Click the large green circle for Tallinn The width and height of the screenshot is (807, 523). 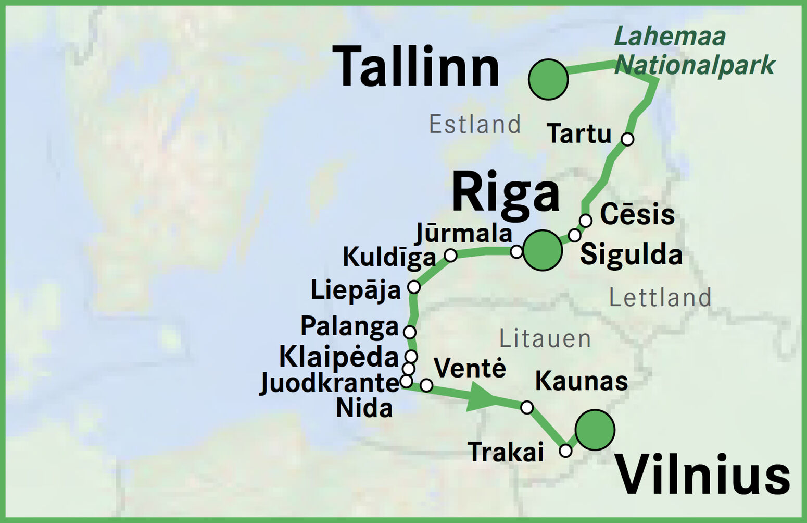548,79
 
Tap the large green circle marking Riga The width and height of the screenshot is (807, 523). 543,250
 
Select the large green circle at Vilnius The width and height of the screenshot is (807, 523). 595,430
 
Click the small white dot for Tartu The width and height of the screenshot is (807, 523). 627,139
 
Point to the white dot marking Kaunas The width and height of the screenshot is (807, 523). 527,407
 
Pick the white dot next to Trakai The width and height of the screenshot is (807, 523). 565,451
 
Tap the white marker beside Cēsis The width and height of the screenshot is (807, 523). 585,221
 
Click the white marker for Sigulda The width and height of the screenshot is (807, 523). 574,235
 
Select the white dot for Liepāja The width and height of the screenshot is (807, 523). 413,287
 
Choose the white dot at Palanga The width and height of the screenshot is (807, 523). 410,332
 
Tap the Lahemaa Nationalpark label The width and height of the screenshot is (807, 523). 695,51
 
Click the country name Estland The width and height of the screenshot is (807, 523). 474,125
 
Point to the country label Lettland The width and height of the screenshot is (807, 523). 660,298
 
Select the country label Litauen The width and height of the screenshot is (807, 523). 545,339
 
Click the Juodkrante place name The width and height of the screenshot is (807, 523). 329,383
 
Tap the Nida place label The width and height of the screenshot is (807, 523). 364,408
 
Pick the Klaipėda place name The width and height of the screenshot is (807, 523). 339,357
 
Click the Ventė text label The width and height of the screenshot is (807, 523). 470,368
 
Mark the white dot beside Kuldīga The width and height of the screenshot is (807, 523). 450,255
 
